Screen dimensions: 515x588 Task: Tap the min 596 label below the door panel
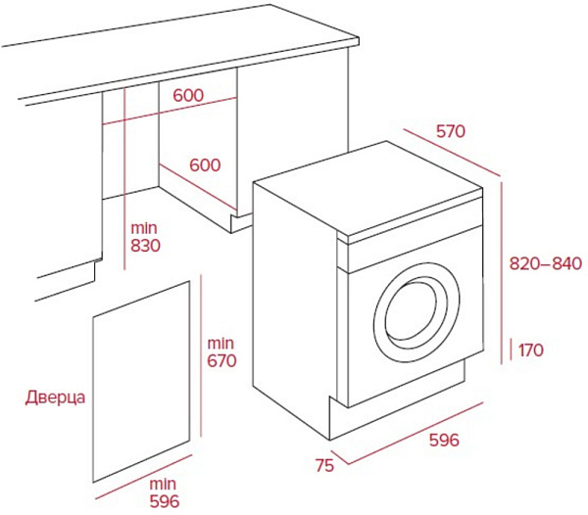tap(164, 492)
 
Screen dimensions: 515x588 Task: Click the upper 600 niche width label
tap(189, 96)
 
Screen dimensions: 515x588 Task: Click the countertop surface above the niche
tap(176, 54)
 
